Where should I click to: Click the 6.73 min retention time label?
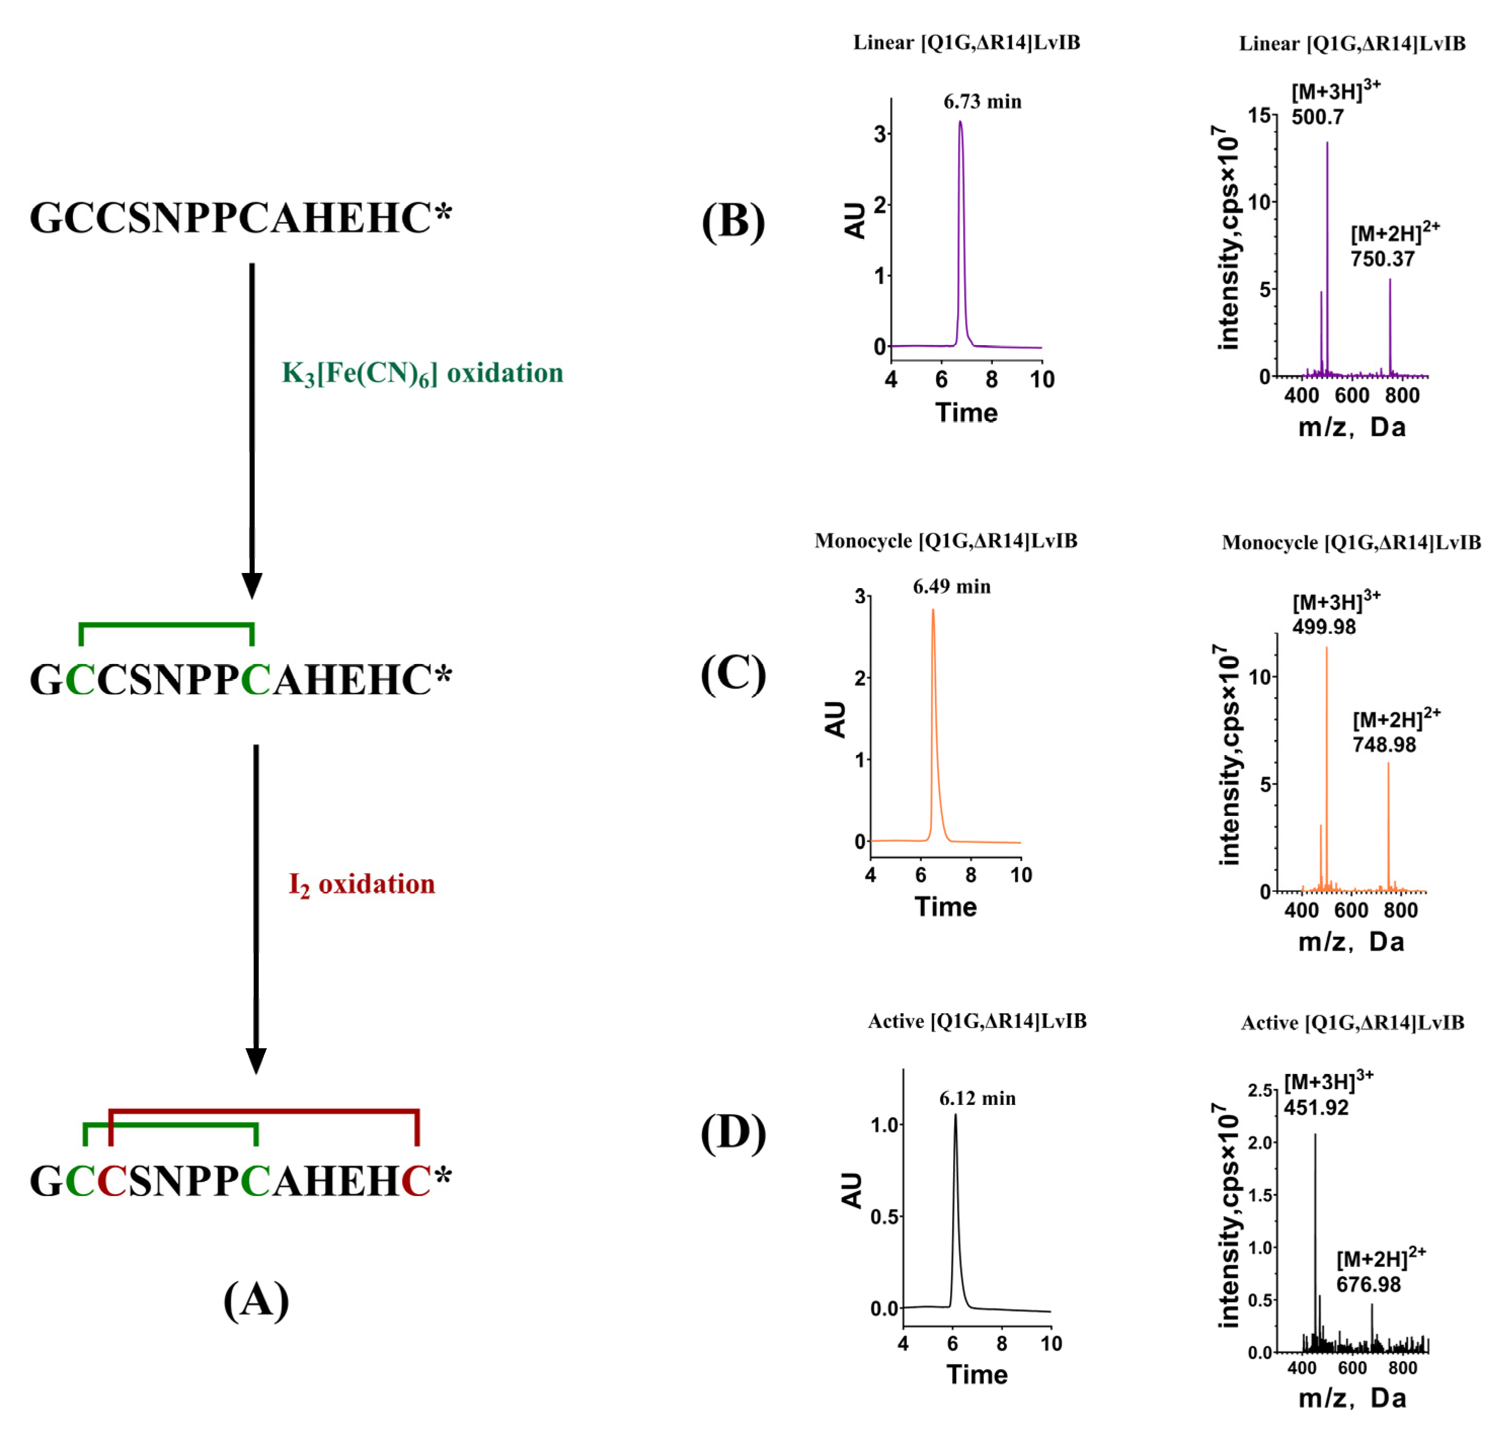click(982, 102)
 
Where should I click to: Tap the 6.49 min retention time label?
click(951, 586)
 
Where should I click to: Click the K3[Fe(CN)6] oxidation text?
click(422, 373)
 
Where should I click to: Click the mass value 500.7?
click(1317, 117)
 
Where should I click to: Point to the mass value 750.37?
click(1382, 259)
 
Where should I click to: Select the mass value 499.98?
click(1323, 627)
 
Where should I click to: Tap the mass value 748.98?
click(1384, 744)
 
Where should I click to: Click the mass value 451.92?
click(1316, 1107)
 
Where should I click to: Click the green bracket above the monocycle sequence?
click(167, 625)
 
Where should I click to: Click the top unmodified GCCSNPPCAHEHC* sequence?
click(240, 218)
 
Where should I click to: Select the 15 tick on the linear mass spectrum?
click(1259, 115)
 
